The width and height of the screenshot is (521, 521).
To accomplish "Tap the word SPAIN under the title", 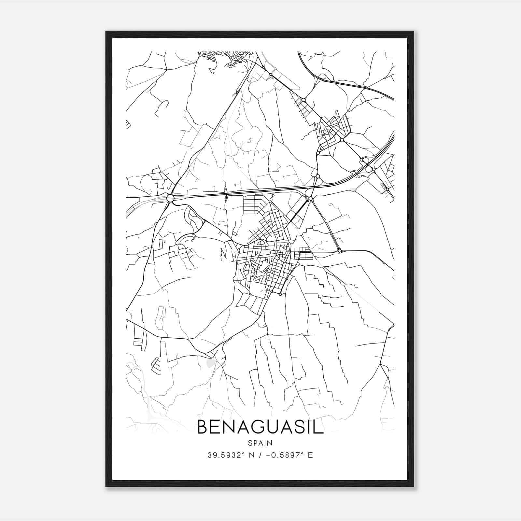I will [x=260, y=443].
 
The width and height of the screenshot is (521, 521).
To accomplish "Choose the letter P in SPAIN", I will [x=255, y=443].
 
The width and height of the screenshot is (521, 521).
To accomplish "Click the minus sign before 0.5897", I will [x=268, y=455].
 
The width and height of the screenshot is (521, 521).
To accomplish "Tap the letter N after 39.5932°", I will [x=251, y=455].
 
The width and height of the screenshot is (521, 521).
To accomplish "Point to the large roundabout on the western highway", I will [x=170, y=198].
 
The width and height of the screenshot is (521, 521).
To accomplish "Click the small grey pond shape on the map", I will [x=211, y=362].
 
